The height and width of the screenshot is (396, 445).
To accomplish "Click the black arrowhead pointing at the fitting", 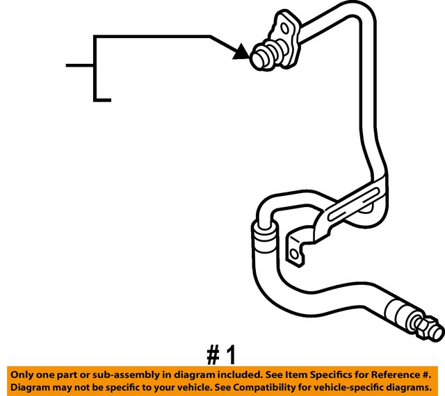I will [241, 52].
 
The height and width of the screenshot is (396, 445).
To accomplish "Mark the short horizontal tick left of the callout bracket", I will [80, 65].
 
